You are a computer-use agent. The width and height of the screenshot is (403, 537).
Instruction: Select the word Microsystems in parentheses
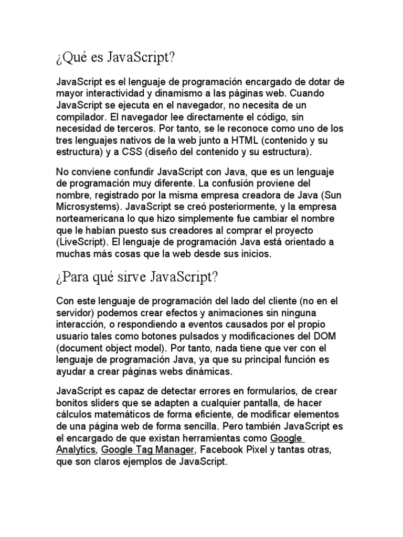[x=86, y=207]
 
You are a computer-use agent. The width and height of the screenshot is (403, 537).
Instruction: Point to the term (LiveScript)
[x=81, y=242]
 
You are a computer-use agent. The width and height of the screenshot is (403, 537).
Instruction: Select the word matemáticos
[x=122, y=415]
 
